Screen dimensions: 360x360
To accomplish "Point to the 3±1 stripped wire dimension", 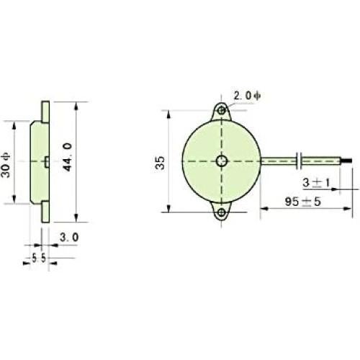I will click(315, 184).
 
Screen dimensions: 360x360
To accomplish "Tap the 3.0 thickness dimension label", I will click(70, 236).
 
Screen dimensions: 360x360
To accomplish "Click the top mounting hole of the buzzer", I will click(222, 110).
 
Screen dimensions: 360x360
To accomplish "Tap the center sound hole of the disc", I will click(222, 161).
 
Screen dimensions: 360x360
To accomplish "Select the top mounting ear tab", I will click(222, 109).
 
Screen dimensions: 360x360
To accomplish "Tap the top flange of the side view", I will click(45, 111).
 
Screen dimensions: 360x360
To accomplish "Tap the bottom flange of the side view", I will click(45, 211).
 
